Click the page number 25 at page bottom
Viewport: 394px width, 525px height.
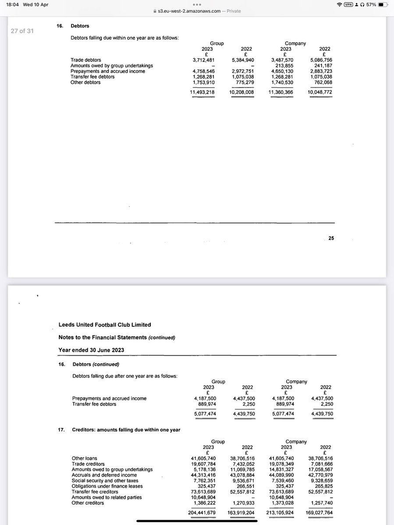(331, 238)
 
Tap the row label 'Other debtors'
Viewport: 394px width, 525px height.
(85, 82)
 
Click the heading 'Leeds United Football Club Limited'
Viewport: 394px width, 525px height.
(105, 325)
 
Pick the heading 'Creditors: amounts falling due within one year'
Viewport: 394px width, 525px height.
(126, 430)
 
